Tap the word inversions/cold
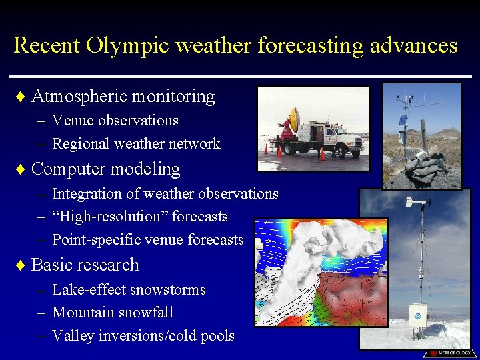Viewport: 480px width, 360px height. pos(153,336)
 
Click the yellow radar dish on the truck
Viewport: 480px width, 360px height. pos(294,120)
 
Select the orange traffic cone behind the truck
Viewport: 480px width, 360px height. pos(322,153)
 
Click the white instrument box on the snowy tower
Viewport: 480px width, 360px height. pos(418,315)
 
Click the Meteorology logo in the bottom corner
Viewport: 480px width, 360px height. pos(449,353)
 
